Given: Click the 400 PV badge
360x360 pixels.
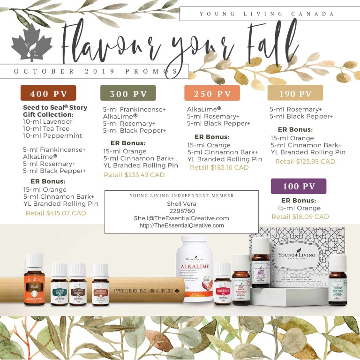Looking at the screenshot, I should (x=48, y=93).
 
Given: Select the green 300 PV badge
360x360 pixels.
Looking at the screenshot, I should (x=128, y=93).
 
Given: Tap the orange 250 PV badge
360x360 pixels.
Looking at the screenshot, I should (x=212, y=93).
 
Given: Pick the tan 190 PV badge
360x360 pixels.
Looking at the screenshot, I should (x=295, y=93).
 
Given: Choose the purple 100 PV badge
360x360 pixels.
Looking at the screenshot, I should (x=298, y=186).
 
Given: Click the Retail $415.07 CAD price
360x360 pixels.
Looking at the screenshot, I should (x=56, y=213).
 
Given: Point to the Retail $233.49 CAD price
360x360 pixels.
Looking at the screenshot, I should (x=134, y=175).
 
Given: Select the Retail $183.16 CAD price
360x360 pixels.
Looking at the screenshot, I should (x=219, y=167).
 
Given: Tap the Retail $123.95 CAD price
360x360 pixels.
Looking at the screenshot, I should (x=305, y=161).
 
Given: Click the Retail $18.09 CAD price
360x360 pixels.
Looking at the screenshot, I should (x=300, y=217).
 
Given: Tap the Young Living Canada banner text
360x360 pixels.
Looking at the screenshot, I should (x=267, y=14).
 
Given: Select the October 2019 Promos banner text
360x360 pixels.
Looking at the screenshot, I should (x=96, y=71).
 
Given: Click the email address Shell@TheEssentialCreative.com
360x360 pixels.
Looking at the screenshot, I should (x=181, y=218).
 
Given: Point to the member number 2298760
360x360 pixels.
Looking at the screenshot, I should (x=181, y=211).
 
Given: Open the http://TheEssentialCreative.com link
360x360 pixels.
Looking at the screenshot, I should (x=181, y=225).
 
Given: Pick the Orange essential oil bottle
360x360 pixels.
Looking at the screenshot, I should (x=35, y=281).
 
